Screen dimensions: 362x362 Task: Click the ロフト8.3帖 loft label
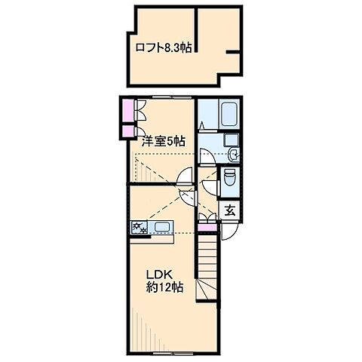tap(164, 48)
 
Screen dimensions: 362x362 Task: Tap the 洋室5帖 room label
tap(164, 141)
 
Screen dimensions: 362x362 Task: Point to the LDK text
tap(159, 275)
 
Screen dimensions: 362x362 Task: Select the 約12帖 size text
tap(164, 287)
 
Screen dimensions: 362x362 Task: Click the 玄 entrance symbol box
tap(230, 210)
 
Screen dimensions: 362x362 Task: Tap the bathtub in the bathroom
tap(229, 114)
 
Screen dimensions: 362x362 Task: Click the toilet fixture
tap(229, 177)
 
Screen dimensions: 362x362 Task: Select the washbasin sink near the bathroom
tap(234, 154)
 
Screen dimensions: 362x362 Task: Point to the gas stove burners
tap(140, 228)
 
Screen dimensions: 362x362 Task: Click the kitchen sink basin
tap(163, 228)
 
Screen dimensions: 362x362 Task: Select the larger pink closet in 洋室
tap(128, 110)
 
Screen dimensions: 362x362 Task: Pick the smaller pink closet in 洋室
tap(128, 132)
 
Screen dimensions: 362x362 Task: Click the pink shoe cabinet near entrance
tap(207, 228)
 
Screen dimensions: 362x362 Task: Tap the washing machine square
tap(231, 140)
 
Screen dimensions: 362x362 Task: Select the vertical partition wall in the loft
tap(196, 30)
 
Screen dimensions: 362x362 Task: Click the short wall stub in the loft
tap(232, 52)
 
